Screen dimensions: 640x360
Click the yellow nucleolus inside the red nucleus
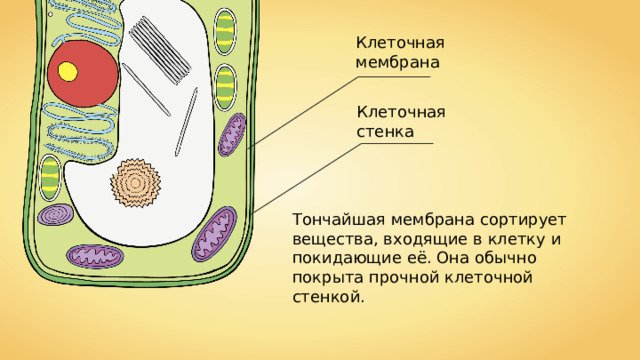click(x=68, y=71)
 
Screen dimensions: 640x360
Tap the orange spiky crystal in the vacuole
click(x=135, y=182)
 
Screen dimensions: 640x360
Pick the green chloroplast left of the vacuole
click(x=50, y=178)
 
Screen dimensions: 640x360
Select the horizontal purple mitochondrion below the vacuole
click(x=96, y=256)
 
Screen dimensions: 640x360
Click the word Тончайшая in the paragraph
click(x=332, y=218)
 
